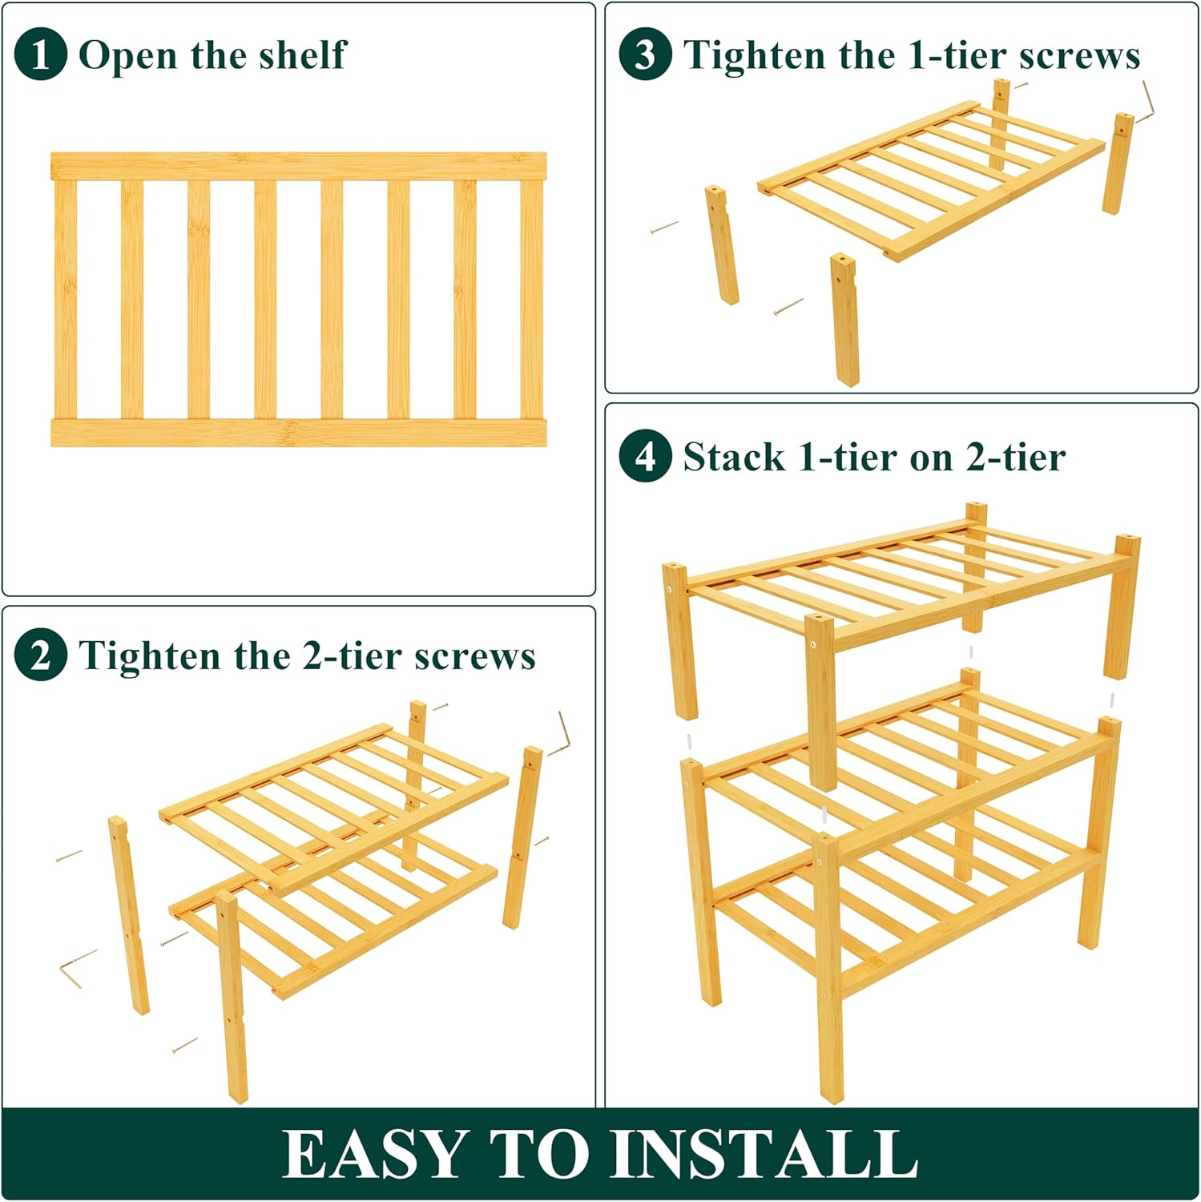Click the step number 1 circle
40,54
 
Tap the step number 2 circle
40,655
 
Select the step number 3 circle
645,54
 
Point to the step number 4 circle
645,456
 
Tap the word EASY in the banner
375,1155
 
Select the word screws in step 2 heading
475,656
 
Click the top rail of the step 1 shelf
298,166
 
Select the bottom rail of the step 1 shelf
298,433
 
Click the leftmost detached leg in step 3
721,245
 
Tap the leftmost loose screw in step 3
664,228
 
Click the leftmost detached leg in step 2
128,915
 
